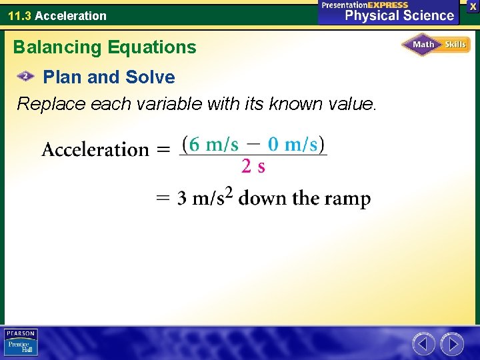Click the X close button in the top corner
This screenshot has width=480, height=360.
click(x=473, y=5)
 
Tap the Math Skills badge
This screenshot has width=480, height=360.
click(x=436, y=45)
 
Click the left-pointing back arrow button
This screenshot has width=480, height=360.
click(x=423, y=344)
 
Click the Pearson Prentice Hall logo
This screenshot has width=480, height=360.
click(x=21, y=343)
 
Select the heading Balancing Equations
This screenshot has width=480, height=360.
click(x=105, y=47)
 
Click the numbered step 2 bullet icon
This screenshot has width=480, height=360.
click(x=26, y=77)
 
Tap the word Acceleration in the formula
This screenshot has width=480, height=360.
click(x=95, y=149)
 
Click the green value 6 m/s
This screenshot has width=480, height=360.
click(x=213, y=144)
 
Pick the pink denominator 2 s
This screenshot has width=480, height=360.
click(x=253, y=167)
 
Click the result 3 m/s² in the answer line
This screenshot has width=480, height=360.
click(x=205, y=198)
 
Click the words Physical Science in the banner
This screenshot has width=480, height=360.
click(x=399, y=15)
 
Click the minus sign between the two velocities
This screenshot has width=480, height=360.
click(x=253, y=144)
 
